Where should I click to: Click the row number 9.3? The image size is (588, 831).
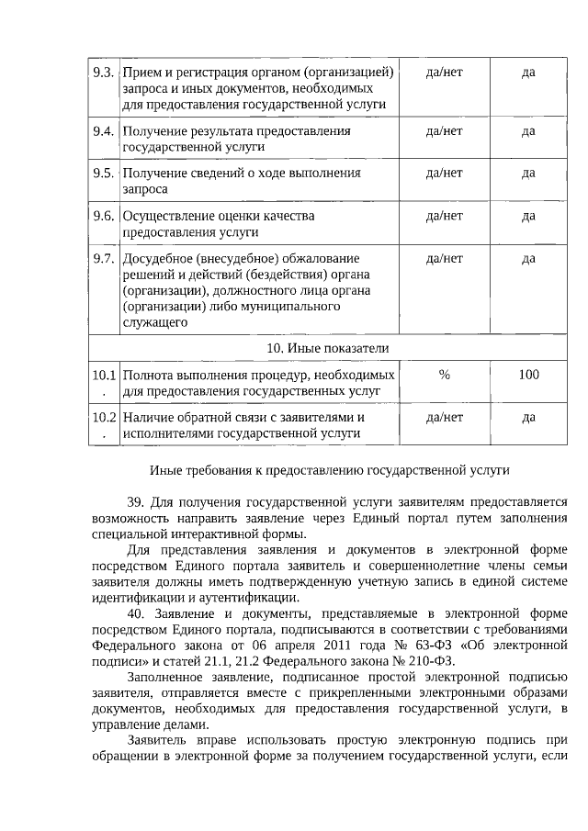click(103, 73)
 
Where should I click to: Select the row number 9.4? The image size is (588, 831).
click(103, 130)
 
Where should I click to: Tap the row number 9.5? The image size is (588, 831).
click(103, 173)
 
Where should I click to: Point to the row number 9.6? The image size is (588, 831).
click(103, 216)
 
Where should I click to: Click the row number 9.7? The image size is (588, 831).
click(103, 258)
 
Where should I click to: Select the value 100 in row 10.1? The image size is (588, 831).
click(528, 375)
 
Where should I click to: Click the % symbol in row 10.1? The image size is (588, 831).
click(445, 375)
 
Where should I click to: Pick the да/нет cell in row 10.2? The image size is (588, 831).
click(445, 417)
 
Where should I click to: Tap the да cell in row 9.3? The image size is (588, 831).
click(528, 73)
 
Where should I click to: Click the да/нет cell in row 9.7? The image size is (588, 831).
click(445, 258)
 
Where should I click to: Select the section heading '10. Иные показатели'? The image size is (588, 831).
click(328, 348)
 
